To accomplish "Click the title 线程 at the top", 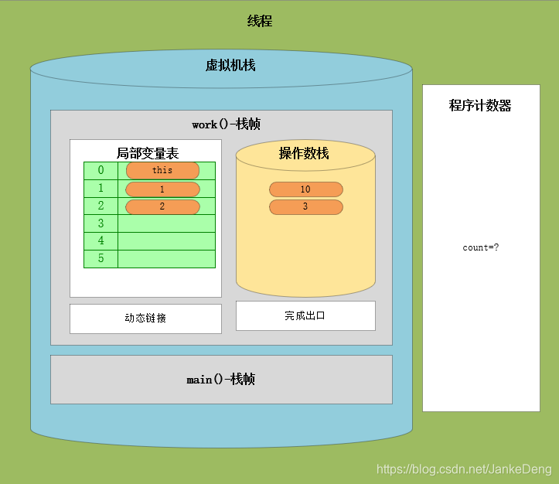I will click(260, 22).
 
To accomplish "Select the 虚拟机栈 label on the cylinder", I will click(230, 66).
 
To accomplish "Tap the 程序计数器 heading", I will click(480, 106).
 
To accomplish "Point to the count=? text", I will click(481, 247).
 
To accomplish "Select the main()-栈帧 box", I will click(221, 380).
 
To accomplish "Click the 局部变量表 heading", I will click(147, 153).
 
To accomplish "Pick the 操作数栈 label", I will click(304, 153).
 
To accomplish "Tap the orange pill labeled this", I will click(162, 170).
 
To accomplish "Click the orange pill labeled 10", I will click(305, 189).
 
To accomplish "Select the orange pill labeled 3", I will click(305, 207).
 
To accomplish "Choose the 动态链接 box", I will click(145, 319).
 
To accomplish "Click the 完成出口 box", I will click(305, 315).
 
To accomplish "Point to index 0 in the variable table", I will click(101, 170).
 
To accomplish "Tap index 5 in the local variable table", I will click(101, 259).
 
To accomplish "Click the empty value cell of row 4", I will click(166, 241).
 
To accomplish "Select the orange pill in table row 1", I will click(162, 189).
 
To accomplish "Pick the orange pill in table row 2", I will click(162, 206).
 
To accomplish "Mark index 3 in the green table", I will click(101, 223).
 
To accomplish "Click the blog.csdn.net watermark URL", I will click(463, 469).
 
